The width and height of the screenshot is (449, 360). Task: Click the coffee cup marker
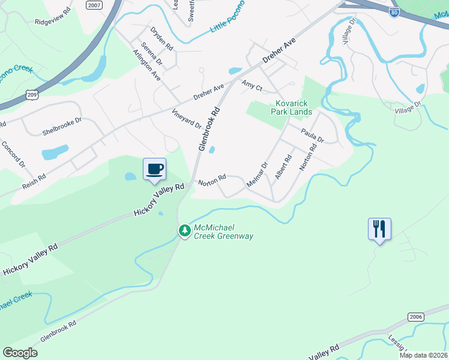[x=154, y=169]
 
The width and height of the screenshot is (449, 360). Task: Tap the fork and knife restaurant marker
[x=379, y=229]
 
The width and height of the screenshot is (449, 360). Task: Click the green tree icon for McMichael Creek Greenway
[x=184, y=230]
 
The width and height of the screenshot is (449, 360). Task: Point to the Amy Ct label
[x=252, y=86]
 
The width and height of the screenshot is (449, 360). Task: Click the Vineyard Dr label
[x=187, y=118]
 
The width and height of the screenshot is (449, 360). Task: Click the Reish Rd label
[x=34, y=181]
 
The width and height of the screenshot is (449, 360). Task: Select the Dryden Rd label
[x=161, y=38]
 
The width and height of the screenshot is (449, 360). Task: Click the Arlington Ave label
[x=147, y=65]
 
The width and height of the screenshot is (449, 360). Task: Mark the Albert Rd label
[x=283, y=167]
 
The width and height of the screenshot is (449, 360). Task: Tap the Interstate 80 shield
[x=394, y=12]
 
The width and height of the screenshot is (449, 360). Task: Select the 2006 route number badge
[x=415, y=316]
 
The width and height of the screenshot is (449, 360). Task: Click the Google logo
[x=20, y=353]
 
